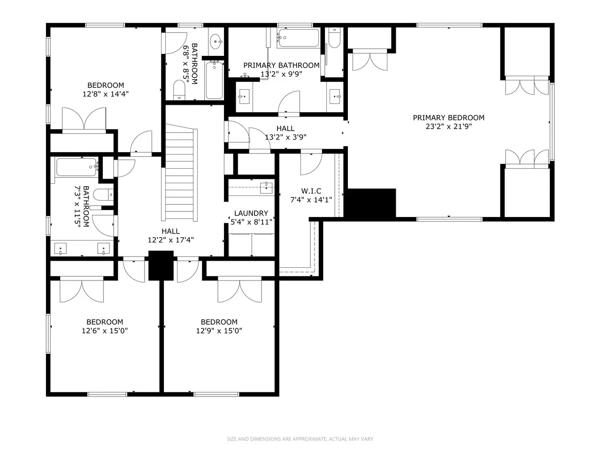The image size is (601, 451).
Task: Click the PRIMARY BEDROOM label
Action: (x=448, y=118)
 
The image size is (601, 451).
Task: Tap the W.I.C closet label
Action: (x=311, y=191)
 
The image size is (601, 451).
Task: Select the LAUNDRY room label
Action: (x=251, y=213)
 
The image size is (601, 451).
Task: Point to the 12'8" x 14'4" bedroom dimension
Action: (x=106, y=94)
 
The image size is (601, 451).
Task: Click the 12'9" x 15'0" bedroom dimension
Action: (x=219, y=331)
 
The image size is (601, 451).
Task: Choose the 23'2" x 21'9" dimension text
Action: (x=448, y=126)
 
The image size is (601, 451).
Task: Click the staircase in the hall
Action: (x=181, y=172)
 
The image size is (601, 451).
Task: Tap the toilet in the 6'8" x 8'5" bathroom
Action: (x=179, y=90)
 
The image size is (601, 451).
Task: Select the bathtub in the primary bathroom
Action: (x=299, y=38)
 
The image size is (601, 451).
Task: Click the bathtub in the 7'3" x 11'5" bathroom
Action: (x=77, y=167)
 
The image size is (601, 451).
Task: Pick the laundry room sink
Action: (x=266, y=188)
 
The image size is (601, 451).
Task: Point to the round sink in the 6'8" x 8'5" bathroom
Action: (x=216, y=42)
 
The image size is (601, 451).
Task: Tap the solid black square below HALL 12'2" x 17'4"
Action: (x=161, y=265)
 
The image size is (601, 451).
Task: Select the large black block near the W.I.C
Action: (x=370, y=203)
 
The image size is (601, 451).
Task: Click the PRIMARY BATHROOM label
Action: (x=281, y=65)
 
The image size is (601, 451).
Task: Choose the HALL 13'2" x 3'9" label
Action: (x=285, y=132)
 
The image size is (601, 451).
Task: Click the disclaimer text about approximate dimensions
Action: (x=300, y=439)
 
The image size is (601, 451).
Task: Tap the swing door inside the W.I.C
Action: (x=311, y=164)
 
